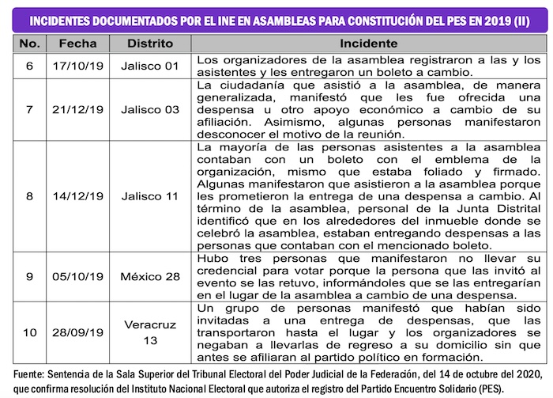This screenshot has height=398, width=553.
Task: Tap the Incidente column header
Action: pyautogui.click(x=369, y=44)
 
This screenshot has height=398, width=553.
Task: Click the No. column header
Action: pyautogui.click(x=29, y=44)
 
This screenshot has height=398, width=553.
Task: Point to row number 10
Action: pyautogui.click(x=29, y=332)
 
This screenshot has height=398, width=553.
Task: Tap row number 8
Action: pyautogui.click(x=29, y=195)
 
